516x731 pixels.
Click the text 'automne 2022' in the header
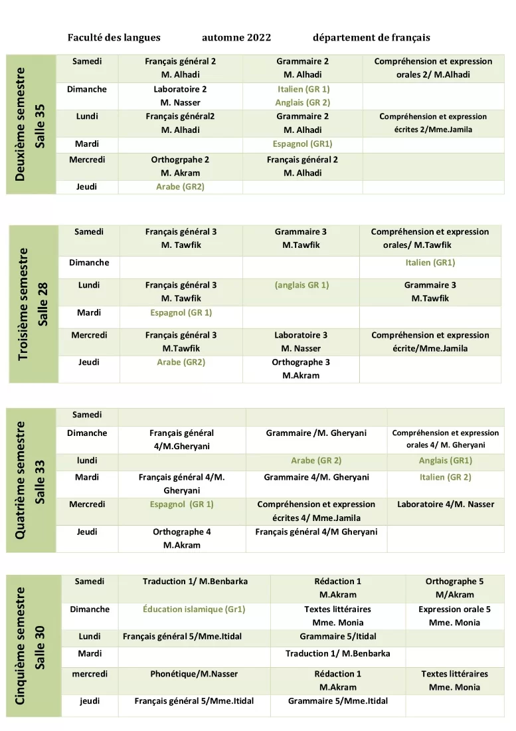click(x=236, y=37)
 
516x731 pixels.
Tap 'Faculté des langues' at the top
click(x=114, y=37)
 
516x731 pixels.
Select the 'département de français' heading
click(x=371, y=37)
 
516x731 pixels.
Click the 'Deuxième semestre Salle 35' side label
click(x=31, y=124)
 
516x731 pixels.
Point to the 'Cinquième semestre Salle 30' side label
click(x=31, y=645)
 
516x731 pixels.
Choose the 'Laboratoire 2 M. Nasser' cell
click(x=180, y=96)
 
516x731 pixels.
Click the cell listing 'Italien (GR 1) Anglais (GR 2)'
click(x=303, y=96)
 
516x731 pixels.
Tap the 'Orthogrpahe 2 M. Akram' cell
click(x=180, y=166)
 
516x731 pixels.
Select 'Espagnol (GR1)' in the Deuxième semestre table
click(x=303, y=144)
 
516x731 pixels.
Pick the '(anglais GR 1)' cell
click(x=301, y=285)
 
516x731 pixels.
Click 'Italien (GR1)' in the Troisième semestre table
click(x=430, y=262)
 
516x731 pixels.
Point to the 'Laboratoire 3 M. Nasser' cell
click(x=301, y=342)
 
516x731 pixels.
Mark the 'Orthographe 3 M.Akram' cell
click(x=301, y=369)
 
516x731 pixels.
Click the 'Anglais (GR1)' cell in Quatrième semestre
click(x=446, y=461)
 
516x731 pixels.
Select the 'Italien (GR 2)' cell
click(x=446, y=477)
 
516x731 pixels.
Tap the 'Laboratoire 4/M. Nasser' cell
click(x=446, y=504)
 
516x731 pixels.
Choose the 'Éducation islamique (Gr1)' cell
click(x=194, y=609)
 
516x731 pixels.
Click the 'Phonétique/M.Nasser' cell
click(x=194, y=674)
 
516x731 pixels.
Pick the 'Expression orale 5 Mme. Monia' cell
click(x=454, y=616)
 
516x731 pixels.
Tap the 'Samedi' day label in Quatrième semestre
click(x=87, y=415)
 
